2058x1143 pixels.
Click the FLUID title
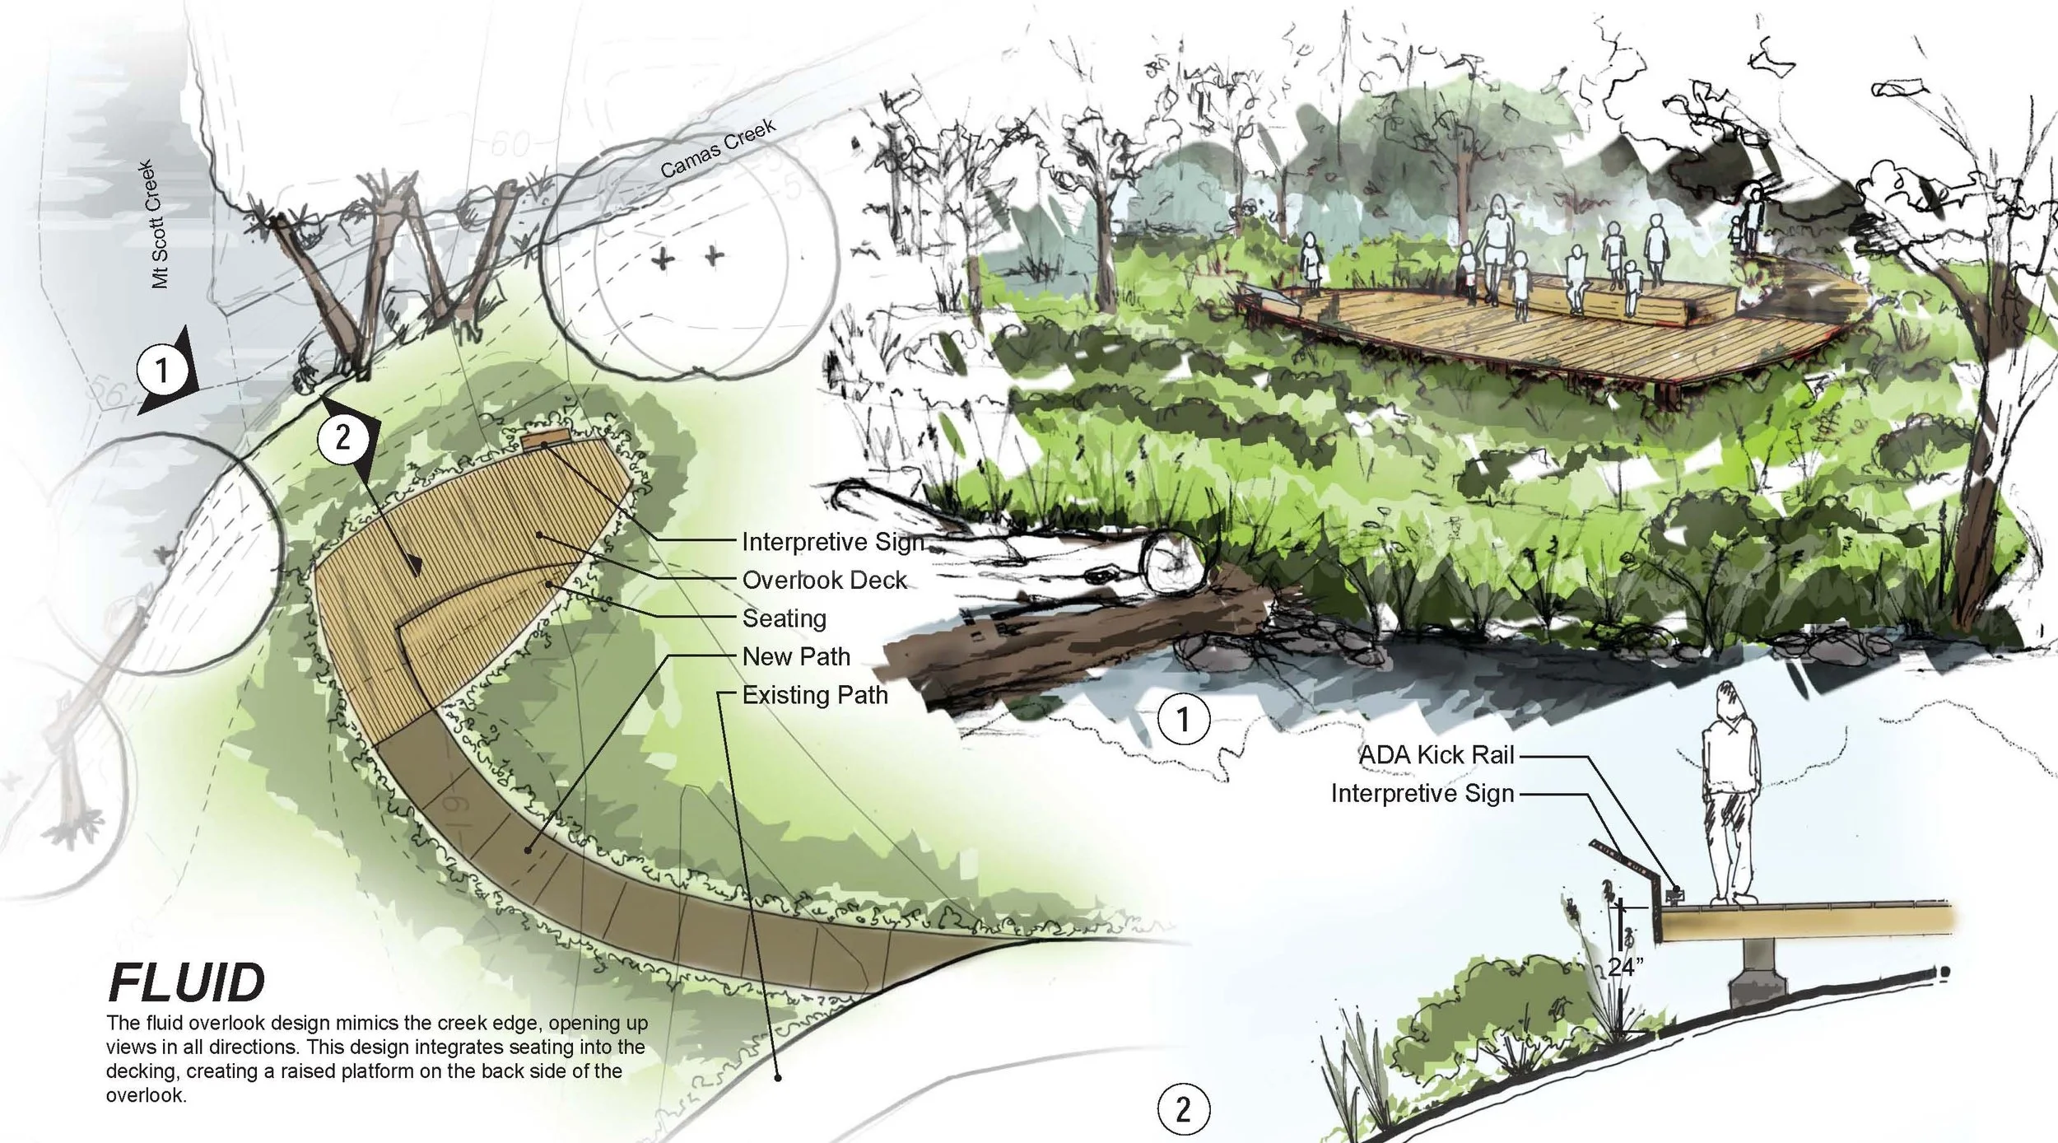click(186, 983)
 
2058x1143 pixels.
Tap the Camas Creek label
click(718, 149)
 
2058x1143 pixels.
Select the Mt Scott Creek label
click(158, 224)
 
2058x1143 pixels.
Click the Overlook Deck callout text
click(824, 581)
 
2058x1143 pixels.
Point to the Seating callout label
click(784, 618)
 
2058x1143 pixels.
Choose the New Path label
click(796, 657)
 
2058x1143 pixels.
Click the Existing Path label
click(815, 695)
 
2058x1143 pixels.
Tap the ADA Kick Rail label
click(1436, 755)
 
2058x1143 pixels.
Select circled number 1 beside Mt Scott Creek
click(162, 371)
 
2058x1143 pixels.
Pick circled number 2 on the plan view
click(342, 436)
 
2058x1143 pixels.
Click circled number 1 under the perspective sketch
click(1184, 720)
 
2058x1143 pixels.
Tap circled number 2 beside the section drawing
click(1184, 1109)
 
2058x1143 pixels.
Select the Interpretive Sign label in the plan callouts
click(832, 542)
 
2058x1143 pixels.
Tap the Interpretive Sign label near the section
click(1422, 793)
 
